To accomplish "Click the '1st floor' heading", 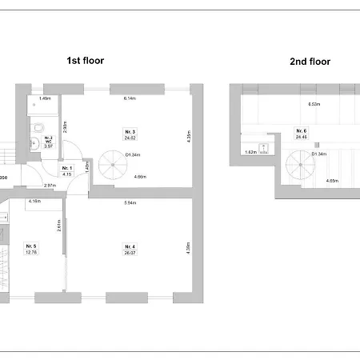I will click(85, 60).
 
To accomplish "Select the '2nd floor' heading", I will click(309, 61).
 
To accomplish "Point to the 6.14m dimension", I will click(129, 98).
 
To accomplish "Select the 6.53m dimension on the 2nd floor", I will click(314, 104).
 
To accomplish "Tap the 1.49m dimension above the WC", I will click(46, 98).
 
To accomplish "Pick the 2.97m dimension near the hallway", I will click(50, 186).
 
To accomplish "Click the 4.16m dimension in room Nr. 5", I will click(34, 202).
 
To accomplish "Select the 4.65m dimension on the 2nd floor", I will click(331, 181).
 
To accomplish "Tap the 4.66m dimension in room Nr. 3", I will click(141, 176).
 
